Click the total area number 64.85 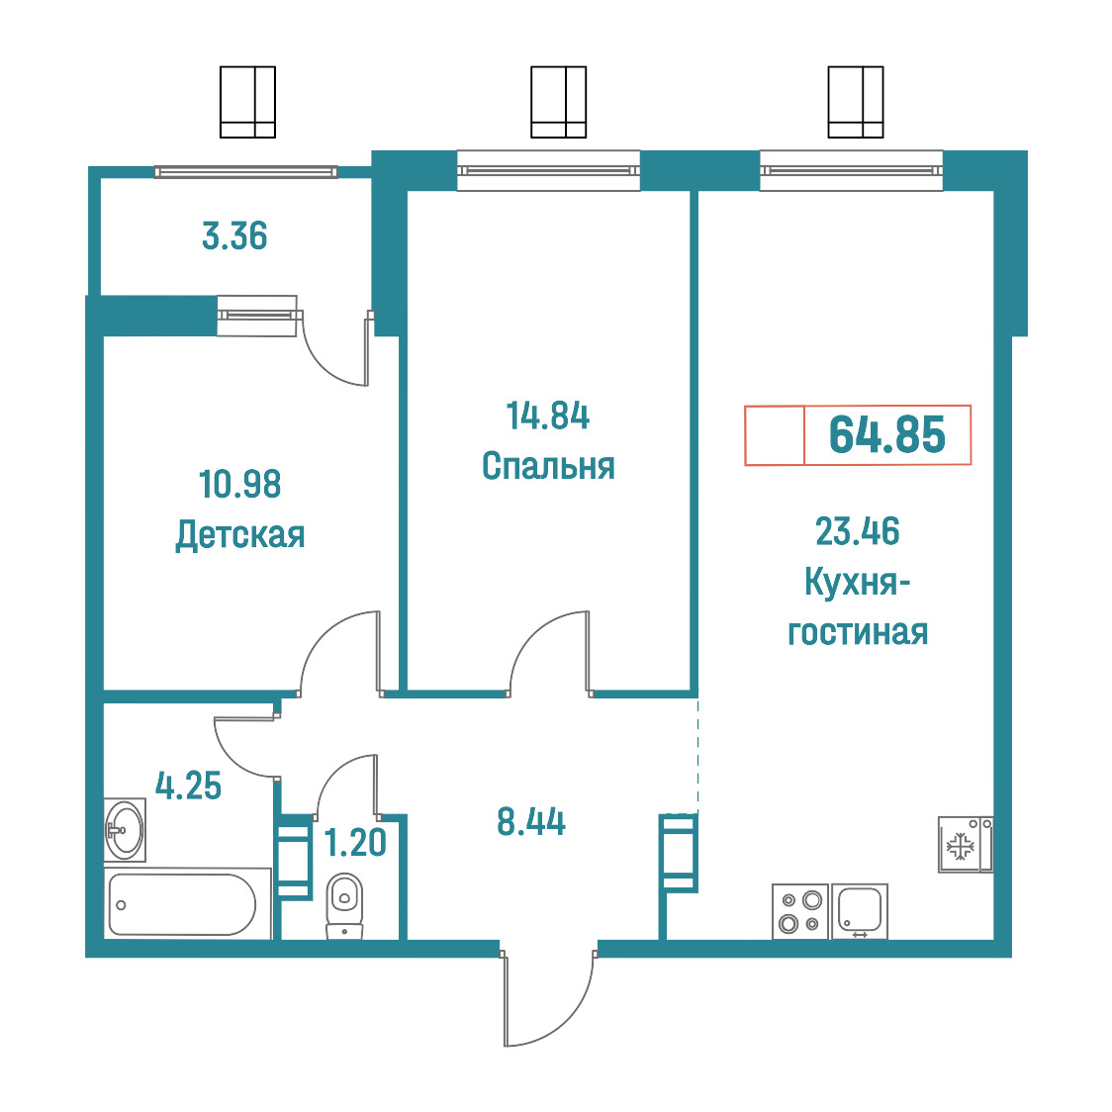click(x=886, y=434)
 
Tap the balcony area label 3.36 click(x=234, y=236)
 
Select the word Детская click(x=240, y=534)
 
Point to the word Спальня click(x=548, y=466)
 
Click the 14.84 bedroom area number click(x=547, y=416)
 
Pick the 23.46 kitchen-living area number click(x=858, y=531)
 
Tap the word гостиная click(x=858, y=632)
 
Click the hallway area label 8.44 click(x=531, y=822)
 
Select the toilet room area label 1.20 click(x=354, y=843)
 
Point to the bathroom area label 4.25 click(x=188, y=786)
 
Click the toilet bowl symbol click(x=344, y=905)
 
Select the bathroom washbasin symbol click(x=125, y=830)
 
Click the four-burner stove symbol click(x=800, y=911)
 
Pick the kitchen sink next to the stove click(x=860, y=911)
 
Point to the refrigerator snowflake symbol click(x=960, y=846)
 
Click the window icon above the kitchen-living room click(x=856, y=102)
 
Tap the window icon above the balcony click(x=247, y=102)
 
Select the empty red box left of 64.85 click(x=775, y=435)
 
